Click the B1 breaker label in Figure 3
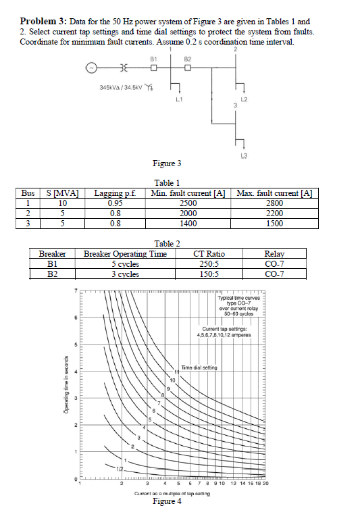[153, 59]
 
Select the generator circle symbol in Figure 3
[89, 68]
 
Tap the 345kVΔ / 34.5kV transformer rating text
[121, 88]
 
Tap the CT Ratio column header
[209, 254]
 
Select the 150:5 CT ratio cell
[209, 274]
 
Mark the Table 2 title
[168, 243]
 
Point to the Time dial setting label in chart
[199, 366]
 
